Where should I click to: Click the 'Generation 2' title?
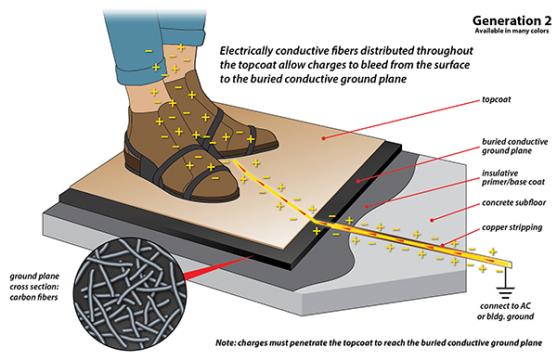pos(512,20)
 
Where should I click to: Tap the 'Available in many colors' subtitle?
pos(512,31)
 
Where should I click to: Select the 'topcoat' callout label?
pos(497,100)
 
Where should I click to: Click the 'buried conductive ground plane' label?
pos(514,146)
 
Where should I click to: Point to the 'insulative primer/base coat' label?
pos(513,177)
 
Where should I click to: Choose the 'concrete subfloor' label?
pos(513,202)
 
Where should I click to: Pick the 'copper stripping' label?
pos(512,227)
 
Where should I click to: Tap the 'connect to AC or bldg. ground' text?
pos(505,311)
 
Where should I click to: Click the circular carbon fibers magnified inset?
pos(129,294)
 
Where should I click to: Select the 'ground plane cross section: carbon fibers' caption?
pos(34,287)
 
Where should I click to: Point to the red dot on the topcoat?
pos(323,138)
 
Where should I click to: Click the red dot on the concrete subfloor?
pos(432,220)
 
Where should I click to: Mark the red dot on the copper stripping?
pos(443,245)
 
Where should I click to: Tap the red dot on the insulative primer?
pos(367,206)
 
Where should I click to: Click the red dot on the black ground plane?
pos(358,181)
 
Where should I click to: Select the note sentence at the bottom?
pos(379,343)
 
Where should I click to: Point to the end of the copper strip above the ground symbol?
pos(511,264)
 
